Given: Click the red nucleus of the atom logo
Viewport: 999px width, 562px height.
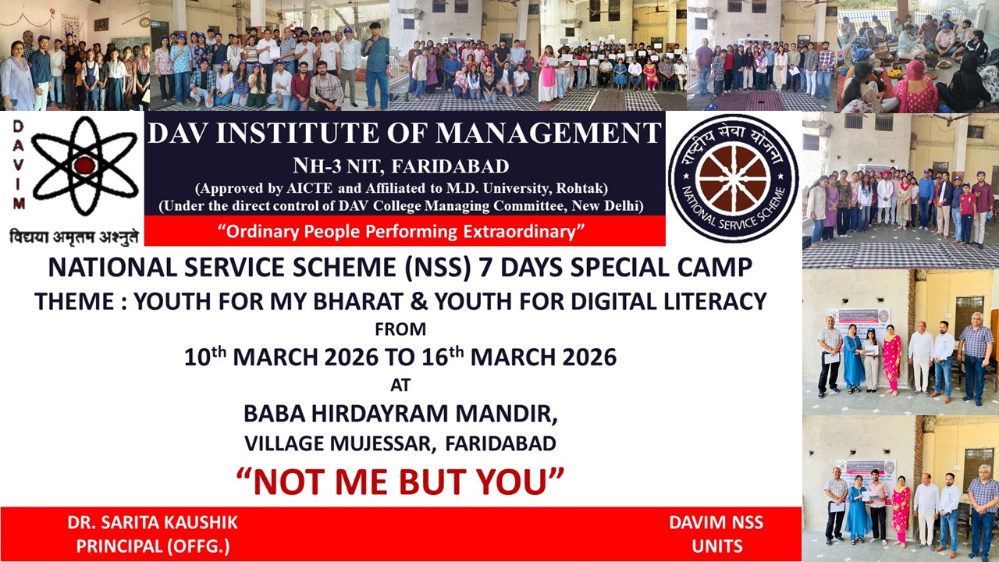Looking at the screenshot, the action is [85, 165].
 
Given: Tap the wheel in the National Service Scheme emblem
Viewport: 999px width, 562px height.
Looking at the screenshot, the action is [733, 179].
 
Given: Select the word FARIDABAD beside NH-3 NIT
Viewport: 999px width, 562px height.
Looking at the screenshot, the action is [450, 167].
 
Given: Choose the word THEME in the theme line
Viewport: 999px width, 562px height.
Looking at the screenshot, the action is [73, 301].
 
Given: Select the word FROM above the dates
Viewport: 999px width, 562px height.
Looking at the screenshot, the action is [400, 329].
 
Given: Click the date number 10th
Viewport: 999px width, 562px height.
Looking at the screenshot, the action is [205, 356].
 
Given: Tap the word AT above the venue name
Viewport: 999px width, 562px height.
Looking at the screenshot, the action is [400, 385].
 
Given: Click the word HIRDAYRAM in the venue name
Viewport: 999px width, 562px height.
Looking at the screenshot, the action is [380, 414].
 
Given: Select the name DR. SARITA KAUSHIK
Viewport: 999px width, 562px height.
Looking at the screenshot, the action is [152, 523].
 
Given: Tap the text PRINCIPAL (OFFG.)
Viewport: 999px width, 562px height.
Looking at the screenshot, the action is [153, 546].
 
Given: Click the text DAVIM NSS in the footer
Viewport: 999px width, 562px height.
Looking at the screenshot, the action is [716, 523].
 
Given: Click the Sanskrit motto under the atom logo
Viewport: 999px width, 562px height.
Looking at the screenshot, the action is [74, 236].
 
